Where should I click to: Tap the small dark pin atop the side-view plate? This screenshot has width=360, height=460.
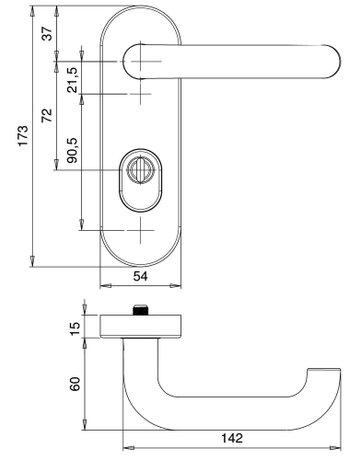click(x=141, y=311)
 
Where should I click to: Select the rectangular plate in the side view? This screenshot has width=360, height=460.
click(x=141, y=326)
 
